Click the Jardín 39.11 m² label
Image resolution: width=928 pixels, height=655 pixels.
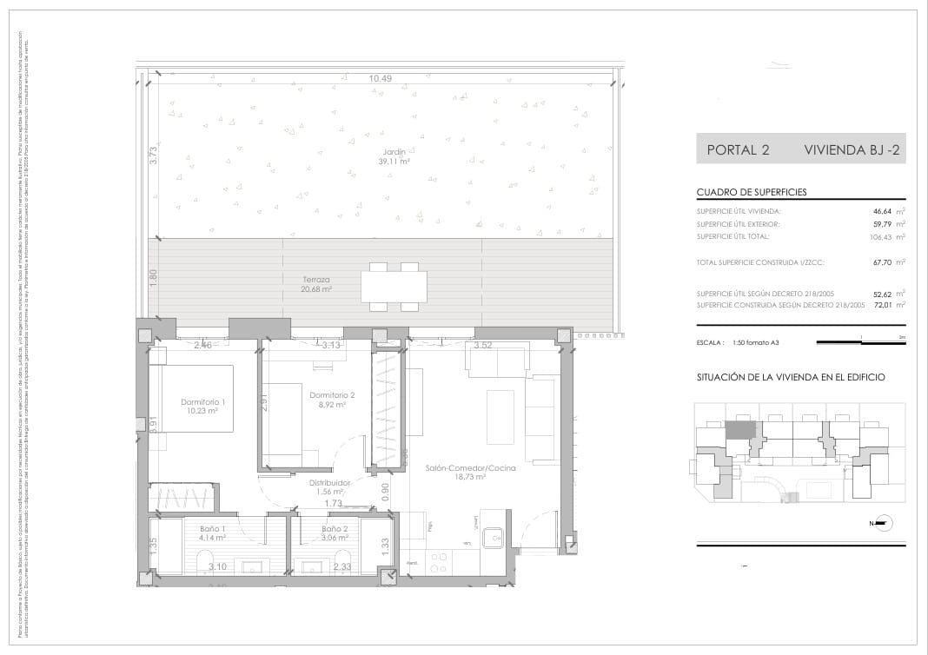pyautogui.click(x=394, y=156)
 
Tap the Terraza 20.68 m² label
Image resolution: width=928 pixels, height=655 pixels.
pyautogui.click(x=316, y=284)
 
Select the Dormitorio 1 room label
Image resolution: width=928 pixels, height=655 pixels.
pyautogui.click(x=202, y=407)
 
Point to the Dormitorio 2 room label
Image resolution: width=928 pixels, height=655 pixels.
pyautogui.click(x=328, y=400)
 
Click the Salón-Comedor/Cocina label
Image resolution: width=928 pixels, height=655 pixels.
pyautogui.click(x=470, y=473)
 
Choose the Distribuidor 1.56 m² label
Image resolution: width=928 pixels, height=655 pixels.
pyautogui.click(x=329, y=487)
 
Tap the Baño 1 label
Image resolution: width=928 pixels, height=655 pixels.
pyautogui.click(x=213, y=533)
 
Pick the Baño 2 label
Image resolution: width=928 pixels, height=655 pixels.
pyautogui.click(x=335, y=533)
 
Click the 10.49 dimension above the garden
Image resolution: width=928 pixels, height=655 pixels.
pyautogui.click(x=381, y=79)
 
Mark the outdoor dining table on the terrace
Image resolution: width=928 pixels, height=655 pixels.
pyautogui.click(x=394, y=286)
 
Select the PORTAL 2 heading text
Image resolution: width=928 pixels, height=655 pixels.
pyautogui.click(x=738, y=149)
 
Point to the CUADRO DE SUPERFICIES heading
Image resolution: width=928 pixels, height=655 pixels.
pyautogui.click(x=751, y=193)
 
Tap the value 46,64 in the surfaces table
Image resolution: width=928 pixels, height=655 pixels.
pyautogui.click(x=883, y=211)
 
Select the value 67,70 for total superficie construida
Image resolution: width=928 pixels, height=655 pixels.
pyautogui.click(x=883, y=261)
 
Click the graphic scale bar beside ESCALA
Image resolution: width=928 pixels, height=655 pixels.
pyautogui.click(x=860, y=342)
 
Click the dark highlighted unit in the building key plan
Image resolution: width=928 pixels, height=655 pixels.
pyautogui.click(x=739, y=429)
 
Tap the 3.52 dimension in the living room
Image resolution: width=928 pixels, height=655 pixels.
pyautogui.click(x=484, y=346)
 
